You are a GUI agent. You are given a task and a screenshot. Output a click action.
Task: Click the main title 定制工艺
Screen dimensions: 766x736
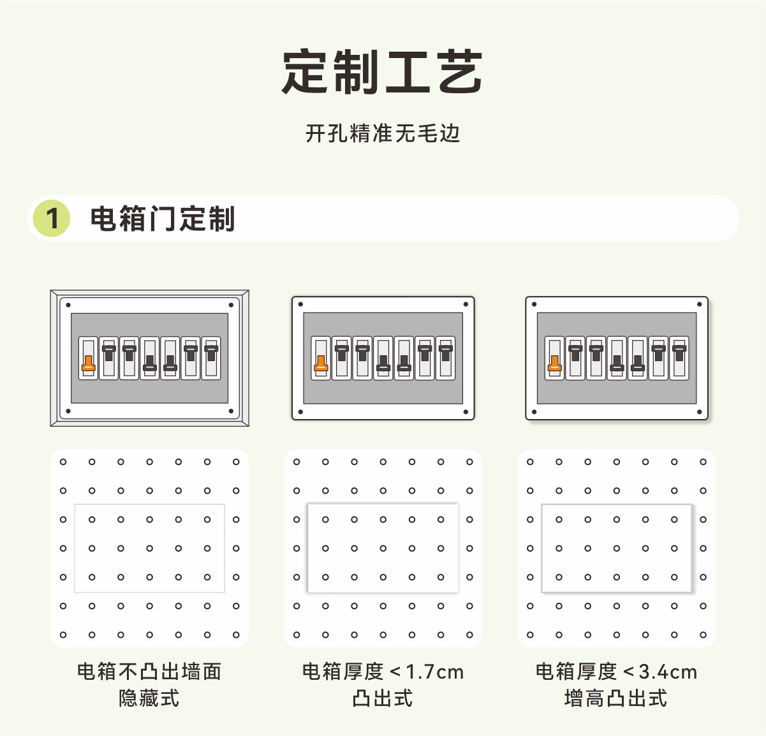(382, 72)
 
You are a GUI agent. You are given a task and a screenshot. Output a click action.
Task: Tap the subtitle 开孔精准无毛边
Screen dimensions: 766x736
(383, 133)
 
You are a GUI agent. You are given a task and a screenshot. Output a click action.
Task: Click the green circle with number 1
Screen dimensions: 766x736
(52, 218)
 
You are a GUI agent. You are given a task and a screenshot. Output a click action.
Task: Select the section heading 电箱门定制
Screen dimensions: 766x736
(162, 218)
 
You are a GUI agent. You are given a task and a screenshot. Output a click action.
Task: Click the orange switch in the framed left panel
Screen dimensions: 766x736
(88, 364)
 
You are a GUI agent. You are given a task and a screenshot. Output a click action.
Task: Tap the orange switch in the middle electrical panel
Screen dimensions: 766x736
(321, 364)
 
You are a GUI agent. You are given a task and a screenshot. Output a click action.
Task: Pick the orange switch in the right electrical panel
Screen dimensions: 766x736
(554, 364)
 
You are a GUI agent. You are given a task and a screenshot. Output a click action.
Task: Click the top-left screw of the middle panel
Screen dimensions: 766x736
(301, 304)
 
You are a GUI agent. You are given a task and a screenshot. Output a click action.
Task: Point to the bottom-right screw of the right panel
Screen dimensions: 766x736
(700, 411)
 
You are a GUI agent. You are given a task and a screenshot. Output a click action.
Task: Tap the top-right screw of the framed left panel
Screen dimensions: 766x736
(231, 305)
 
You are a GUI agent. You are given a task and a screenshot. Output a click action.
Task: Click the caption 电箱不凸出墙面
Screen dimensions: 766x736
(149, 672)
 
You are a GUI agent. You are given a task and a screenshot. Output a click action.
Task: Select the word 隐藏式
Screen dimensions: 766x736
(149, 698)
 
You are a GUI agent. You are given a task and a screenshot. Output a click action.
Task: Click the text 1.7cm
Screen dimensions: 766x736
(434, 672)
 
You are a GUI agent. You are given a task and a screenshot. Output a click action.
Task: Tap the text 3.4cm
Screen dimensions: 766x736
(668, 672)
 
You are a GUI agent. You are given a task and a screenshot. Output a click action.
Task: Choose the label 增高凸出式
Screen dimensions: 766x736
(616, 698)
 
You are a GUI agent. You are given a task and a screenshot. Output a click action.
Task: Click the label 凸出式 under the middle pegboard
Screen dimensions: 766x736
(383, 698)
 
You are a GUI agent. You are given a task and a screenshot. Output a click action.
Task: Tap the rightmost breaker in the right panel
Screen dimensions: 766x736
(679, 358)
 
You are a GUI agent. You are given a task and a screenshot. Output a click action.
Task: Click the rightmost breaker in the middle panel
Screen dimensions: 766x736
(446, 358)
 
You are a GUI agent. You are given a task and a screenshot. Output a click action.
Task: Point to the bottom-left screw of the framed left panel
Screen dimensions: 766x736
(68, 411)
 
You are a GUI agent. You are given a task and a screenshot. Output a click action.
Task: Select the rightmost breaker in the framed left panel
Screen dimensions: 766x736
(211, 358)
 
